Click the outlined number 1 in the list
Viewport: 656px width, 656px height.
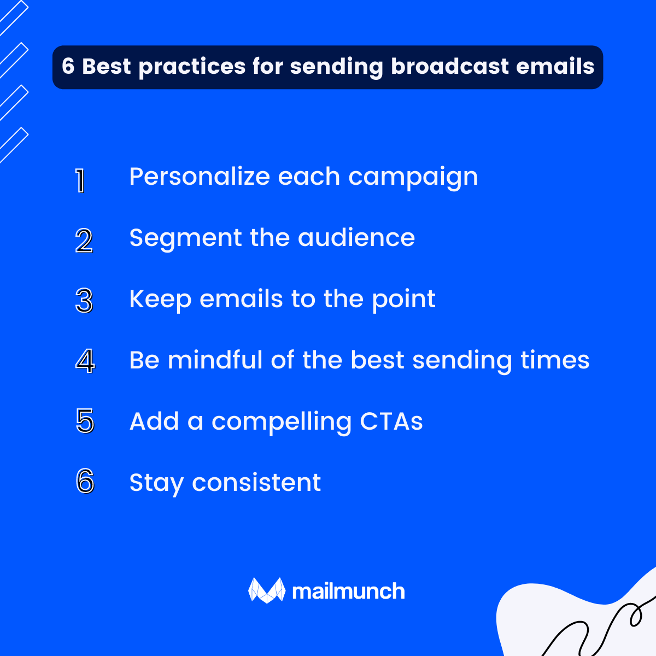[x=80, y=180]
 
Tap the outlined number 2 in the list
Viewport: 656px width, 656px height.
[x=84, y=241]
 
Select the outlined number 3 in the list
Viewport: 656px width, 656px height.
[x=84, y=301]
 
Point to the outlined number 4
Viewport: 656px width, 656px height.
[x=84, y=361]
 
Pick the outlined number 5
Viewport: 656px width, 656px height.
[x=85, y=421]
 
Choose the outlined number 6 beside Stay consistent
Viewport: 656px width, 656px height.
[x=85, y=482]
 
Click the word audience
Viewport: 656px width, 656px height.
[x=356, y=238]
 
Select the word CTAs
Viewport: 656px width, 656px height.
[x=391, y=421]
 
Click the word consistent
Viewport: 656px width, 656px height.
[x=256, y=483]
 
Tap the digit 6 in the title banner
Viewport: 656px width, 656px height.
[x=68, y=67]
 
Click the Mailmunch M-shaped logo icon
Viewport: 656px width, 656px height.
[x=267, y=590]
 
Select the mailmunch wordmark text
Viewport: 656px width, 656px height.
[x=348, y=591]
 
